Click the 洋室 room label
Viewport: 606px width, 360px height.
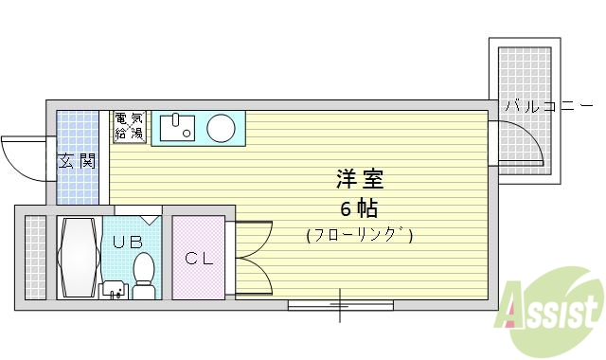(x=359, y=178)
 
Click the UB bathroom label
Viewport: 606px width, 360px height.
(x=126, y=242)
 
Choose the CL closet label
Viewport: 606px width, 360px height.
(x=198, y=258)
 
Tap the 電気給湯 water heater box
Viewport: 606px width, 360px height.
(x=129, y=126)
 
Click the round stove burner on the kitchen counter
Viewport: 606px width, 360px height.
(x=223, y=127)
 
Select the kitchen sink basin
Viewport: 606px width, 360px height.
(x=176, y=127)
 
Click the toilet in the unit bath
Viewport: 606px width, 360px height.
(x=144, y=274)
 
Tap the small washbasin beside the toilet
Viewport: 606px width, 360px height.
(x=113, y=288)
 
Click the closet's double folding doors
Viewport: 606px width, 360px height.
(x=252, y=257)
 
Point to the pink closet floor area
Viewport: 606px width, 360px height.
(x=198, y=279)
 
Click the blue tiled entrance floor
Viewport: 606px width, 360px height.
(x=78, y=185)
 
